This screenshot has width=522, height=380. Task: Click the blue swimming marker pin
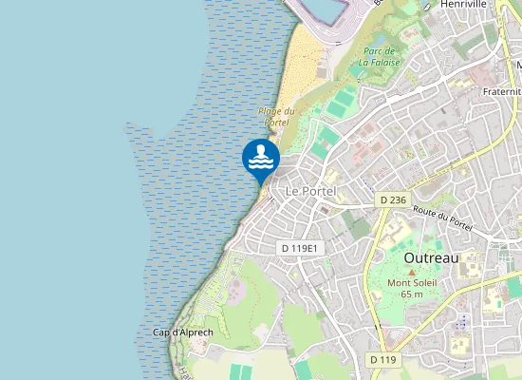pos(260,159)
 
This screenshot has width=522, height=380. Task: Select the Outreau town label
pos(431,257)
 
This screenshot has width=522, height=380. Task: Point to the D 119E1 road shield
pos(302,248)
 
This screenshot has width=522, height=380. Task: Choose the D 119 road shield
pos(382,359)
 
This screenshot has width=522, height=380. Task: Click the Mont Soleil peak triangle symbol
pos(412,273)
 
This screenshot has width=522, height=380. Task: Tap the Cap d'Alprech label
pos(182,332)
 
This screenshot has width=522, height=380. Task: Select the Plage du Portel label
pos(275,117)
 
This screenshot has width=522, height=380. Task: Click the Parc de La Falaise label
pos(380,56)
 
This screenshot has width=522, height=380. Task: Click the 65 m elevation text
pos(412,294)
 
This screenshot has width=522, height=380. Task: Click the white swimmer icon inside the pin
pos(260,155)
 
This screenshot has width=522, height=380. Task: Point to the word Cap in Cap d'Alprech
pos(161,332)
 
